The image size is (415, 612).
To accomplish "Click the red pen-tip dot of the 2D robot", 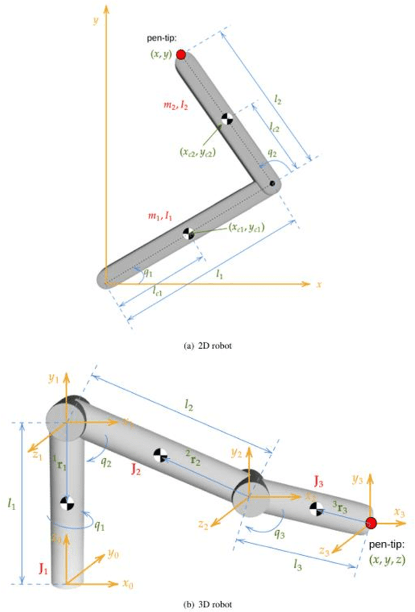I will point(181,54).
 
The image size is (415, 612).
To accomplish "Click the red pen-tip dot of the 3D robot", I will point(370,523).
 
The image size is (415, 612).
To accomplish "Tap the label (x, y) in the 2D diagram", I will point(160,55).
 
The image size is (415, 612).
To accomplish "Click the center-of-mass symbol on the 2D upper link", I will point(226,119).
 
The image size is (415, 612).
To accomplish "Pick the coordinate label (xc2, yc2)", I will point(198,152).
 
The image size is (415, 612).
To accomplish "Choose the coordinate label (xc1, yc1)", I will point(246,228).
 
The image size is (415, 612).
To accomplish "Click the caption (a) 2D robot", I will point(208,346).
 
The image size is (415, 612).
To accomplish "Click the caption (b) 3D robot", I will point(208,604).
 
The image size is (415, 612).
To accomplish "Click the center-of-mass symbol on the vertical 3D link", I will point(66,501).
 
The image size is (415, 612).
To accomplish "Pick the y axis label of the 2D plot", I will point(95,21).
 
